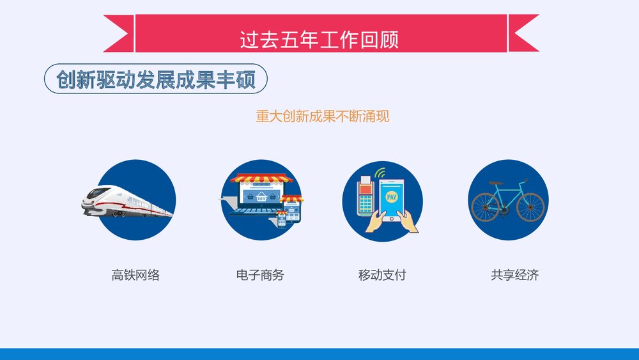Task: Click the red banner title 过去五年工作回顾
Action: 319,39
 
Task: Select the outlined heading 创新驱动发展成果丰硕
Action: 155,81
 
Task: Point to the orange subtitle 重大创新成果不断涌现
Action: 322,116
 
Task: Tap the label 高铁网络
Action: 135,276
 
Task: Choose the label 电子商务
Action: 260,276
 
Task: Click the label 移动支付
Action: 382,276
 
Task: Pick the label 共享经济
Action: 514,276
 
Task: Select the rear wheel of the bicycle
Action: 486,207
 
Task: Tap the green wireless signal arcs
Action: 381,173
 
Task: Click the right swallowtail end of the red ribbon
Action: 523,33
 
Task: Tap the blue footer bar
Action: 319,354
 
